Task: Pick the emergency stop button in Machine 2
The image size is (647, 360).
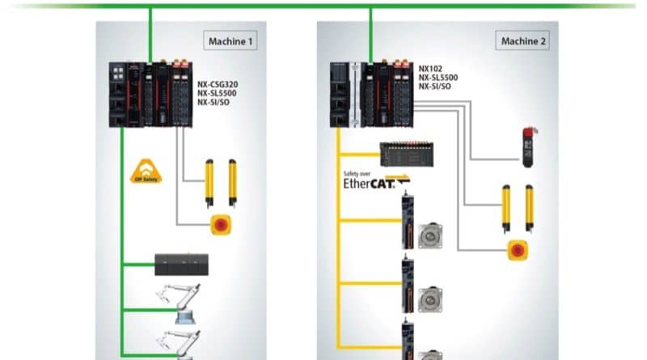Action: coord(515,249)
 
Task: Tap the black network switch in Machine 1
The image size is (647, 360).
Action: coord(182,264)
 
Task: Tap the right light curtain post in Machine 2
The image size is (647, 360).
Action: coord(531,207)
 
